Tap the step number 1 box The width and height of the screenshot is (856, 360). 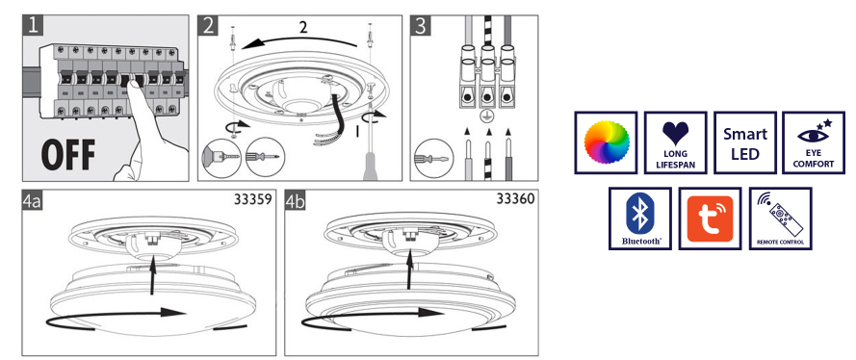coord(33,25)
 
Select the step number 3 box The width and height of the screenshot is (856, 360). coord(421,25)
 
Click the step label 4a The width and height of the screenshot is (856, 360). coord(32,201)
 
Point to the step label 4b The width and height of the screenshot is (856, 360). coord(296,201)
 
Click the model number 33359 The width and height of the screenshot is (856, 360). coord(253,199)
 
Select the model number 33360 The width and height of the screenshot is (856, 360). coord(516,198)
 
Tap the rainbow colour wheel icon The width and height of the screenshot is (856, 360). coord(606,142)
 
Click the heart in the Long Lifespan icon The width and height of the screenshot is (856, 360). coord(675,133)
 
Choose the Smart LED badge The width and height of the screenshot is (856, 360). coord(745,142)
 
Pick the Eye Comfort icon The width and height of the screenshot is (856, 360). coord(814,142)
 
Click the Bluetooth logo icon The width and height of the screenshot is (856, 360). coord(639,219)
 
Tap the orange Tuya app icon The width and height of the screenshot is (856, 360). coord(710,219)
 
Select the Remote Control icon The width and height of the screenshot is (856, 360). coord(780,219)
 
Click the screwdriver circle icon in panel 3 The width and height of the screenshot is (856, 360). coord(433,158)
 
